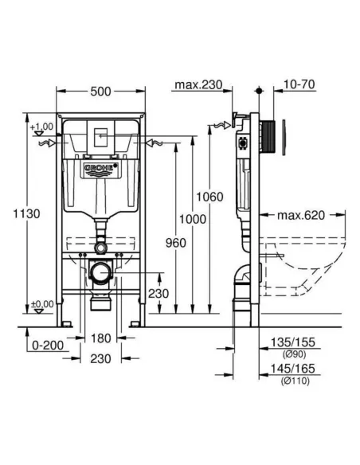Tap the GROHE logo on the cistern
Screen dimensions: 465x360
(100, 170)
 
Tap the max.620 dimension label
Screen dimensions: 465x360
(301, 215)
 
